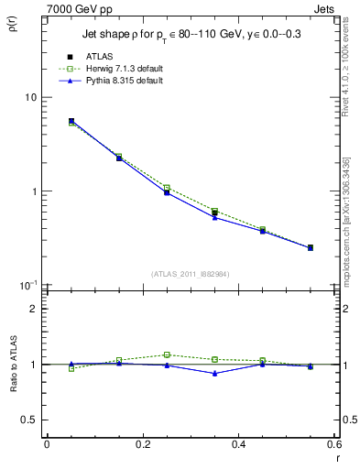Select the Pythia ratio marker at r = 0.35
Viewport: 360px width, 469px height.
coord(214,373)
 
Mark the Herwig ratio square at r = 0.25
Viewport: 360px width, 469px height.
coord(167,354)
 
